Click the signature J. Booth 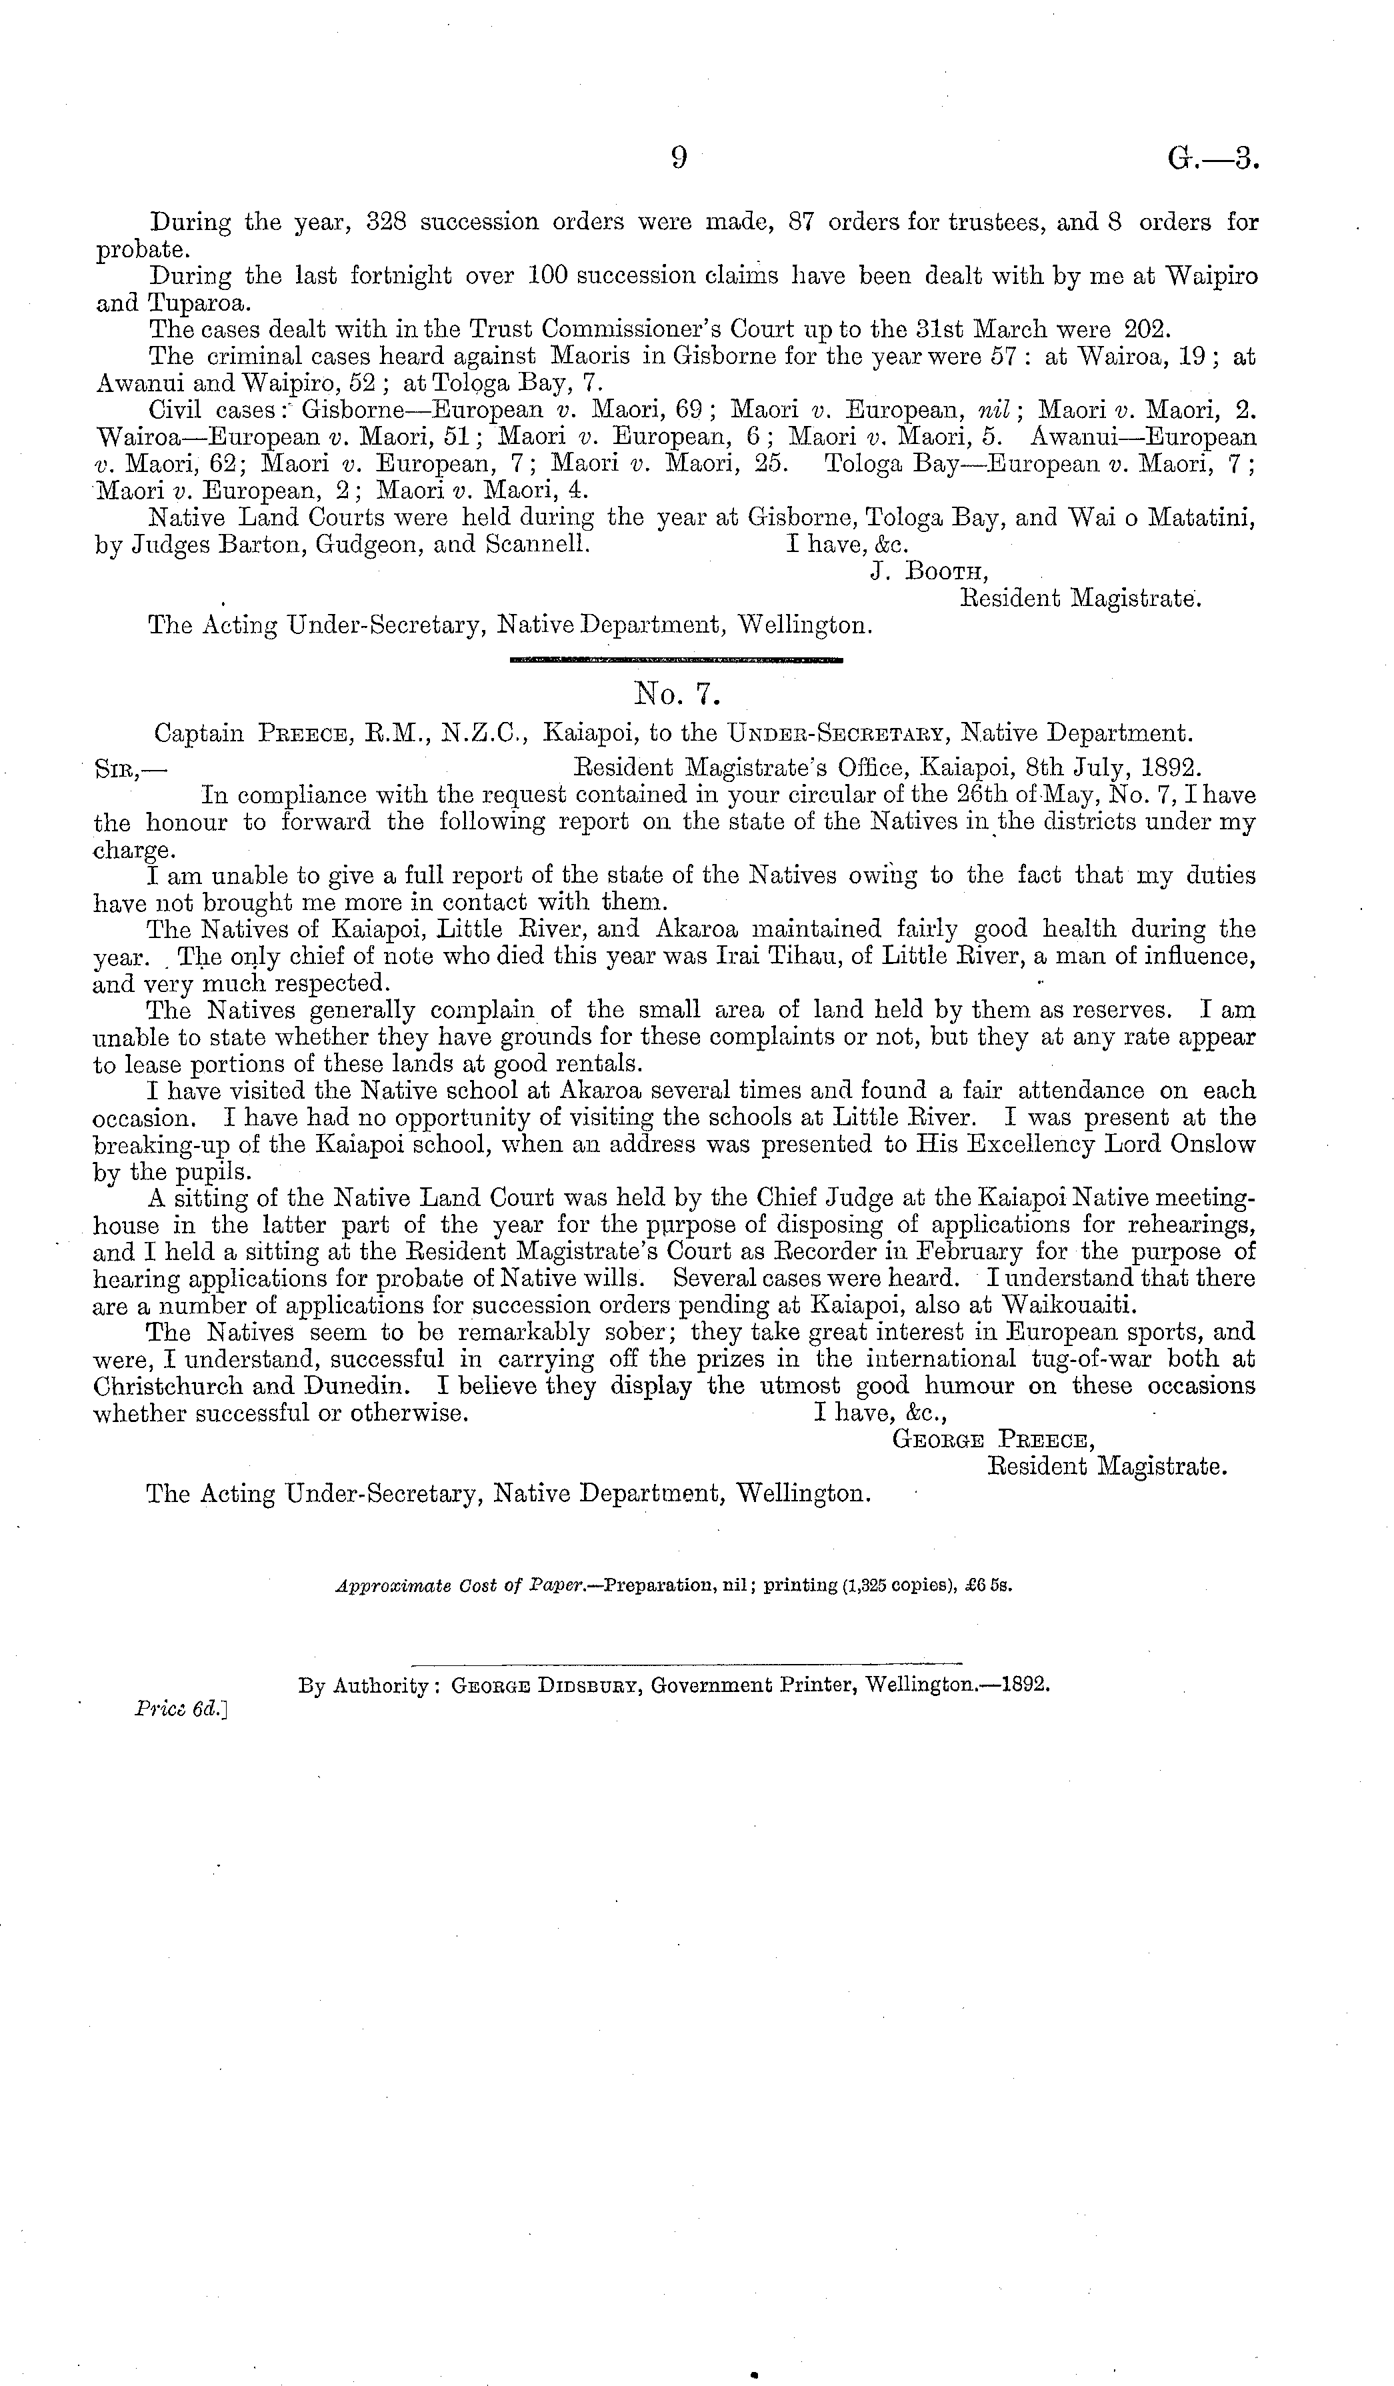[928, 571]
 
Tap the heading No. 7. [677, 696]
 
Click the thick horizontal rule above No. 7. [675, 658]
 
